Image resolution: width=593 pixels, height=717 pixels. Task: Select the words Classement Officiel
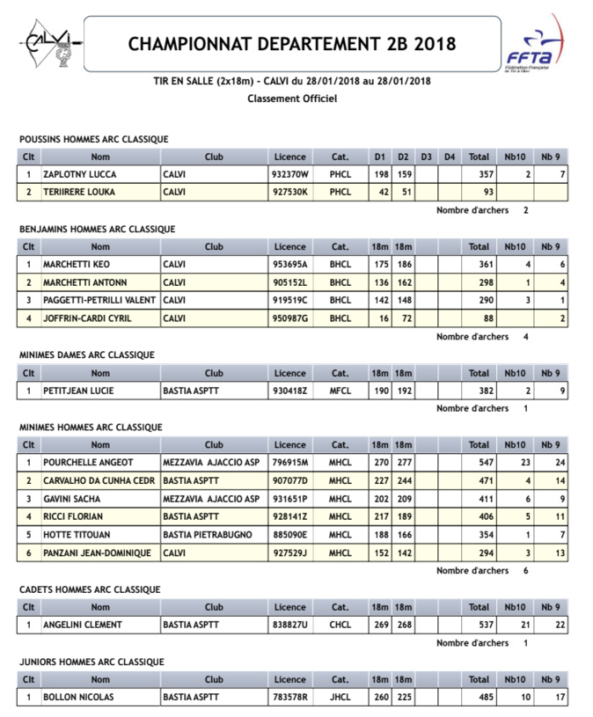(x=292, y=99)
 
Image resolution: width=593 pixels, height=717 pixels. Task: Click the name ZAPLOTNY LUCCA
(x=80, y=174)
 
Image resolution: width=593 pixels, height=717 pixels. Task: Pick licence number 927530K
(x=290, y=192)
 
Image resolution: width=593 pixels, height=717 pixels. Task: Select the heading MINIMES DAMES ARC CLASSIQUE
(x=86, y=355)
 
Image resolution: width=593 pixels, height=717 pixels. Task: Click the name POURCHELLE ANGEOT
(x=89, y=463)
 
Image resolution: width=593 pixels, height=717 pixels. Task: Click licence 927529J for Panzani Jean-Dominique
(x=290, y=552)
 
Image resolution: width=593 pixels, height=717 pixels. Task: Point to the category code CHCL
(x=340, y=625)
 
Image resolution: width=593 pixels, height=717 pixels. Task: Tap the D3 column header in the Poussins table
(x=426, y=157)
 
